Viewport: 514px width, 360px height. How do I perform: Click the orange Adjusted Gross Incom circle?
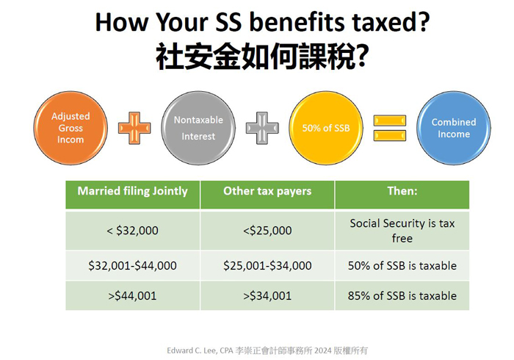pos(70,128)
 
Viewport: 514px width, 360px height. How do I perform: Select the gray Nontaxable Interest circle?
pos(198,128)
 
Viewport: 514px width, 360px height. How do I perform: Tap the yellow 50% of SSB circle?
pos(326,128)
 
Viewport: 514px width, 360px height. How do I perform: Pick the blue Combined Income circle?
pos(454,128)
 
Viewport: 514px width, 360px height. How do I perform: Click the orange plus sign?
pos(134,128)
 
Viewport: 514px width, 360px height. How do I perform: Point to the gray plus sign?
pos(262,128)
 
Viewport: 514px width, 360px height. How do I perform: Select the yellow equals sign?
pos(390,128)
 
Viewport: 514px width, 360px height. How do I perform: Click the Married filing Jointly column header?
pos(133,195)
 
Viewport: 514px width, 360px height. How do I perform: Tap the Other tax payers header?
pos(267,195)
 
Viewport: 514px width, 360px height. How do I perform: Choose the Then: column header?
pos(402,195)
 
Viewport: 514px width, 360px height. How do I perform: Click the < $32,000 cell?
pos(133,231)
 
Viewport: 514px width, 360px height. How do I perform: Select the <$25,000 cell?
pos(267,231)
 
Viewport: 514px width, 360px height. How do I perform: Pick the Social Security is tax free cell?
pos(402,231)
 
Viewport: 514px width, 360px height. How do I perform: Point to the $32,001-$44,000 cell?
pos(133,265)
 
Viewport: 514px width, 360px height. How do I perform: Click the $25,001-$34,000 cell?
pos(267,265)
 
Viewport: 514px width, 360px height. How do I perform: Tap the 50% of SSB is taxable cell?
pos(402,265)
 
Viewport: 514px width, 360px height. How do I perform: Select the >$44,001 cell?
pos(133,296)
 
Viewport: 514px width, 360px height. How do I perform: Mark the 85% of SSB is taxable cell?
pos(402,296)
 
